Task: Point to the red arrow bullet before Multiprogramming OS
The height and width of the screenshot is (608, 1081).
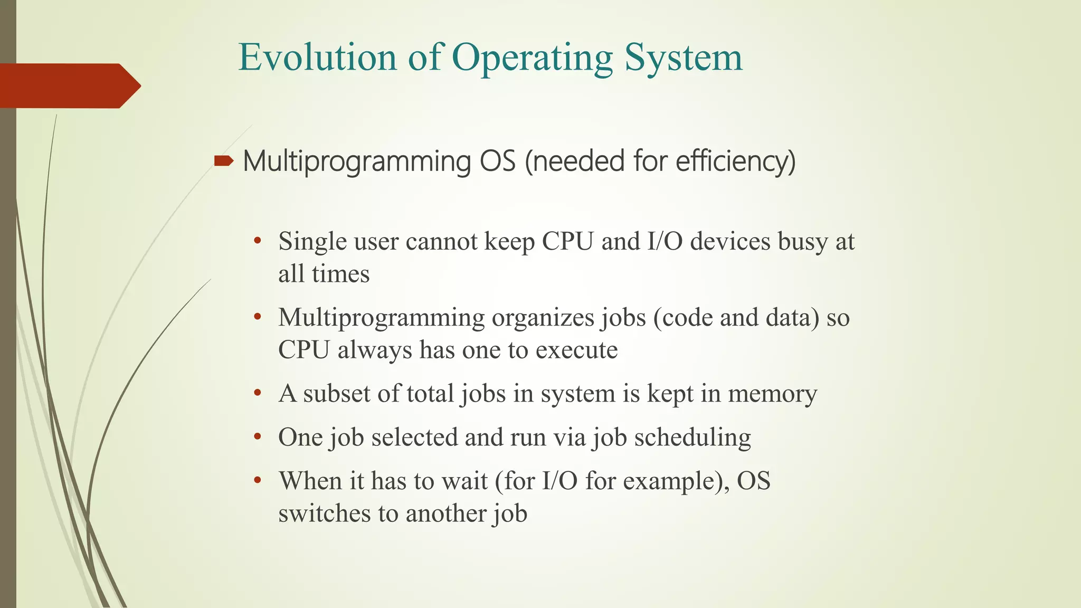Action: (224, 161)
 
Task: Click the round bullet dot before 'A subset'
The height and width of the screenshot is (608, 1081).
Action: (258, 393)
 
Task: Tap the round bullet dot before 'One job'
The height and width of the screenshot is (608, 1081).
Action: (258, 437)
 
